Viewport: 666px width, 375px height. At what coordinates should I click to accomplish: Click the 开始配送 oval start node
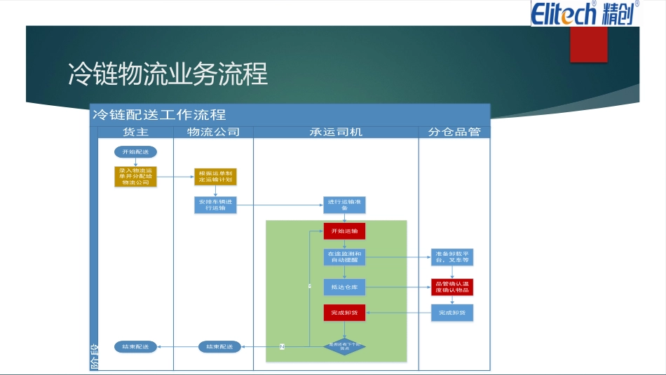135,151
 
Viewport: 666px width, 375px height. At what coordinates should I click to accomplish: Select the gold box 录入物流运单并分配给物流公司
135,176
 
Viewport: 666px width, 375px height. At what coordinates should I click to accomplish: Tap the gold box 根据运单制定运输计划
215,176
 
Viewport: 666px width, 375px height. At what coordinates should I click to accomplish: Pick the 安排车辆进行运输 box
215,205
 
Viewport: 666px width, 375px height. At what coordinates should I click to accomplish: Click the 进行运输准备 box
344,205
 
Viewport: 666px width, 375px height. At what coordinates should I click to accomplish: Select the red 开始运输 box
344,231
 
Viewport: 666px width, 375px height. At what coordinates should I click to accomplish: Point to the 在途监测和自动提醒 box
344,257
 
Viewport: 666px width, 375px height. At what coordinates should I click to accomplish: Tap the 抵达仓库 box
344,287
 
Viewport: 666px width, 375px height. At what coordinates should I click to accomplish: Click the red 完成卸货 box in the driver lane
344,313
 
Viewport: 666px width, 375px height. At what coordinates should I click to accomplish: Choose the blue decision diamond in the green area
344,346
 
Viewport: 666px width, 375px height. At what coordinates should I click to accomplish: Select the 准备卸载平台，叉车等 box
451,257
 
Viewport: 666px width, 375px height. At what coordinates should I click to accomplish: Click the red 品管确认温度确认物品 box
451,287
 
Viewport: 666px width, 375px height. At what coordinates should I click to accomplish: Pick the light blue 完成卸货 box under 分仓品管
451,313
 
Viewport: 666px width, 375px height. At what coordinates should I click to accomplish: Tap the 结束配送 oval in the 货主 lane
135,346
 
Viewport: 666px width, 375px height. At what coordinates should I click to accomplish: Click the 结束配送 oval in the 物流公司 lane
219,346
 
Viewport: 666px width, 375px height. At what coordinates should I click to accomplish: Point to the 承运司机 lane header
336,132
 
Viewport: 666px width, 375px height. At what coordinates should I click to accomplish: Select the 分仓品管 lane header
454,132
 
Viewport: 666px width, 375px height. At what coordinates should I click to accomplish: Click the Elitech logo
584,13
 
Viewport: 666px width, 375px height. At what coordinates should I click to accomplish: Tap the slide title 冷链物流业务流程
168,74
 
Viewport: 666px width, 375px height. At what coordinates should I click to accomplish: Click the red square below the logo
588,44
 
